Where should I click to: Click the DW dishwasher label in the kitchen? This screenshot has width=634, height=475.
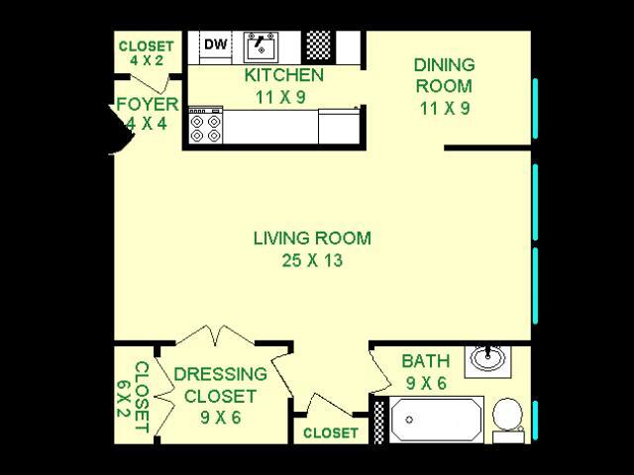(216, 44)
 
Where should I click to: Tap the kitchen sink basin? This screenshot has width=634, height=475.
(261, 47)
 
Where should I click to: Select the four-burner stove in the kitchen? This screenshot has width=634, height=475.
(206, 126)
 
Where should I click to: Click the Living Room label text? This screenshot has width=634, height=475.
(312, 238)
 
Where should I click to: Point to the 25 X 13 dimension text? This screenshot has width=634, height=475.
(312, 260)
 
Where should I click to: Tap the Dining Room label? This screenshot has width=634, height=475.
(445, 75)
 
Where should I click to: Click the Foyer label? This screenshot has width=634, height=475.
(148, 105)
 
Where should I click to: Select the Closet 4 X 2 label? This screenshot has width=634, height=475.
(147, 52)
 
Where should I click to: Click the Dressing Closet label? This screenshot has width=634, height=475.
(220, 385)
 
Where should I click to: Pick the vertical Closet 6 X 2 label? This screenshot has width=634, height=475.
(133, 397)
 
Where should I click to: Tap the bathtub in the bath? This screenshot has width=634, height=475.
(437, 420)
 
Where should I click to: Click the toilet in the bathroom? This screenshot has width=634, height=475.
(508, 421)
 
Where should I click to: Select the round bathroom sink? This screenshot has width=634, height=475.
(488, 358)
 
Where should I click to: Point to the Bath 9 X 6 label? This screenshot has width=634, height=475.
(426, 372)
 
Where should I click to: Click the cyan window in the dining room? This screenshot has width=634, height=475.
(535, 109)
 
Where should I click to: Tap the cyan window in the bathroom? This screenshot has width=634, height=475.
(535, 420)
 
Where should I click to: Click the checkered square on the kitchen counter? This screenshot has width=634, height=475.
(319, 47)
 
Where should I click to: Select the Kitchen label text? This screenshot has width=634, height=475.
(284, 75)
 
